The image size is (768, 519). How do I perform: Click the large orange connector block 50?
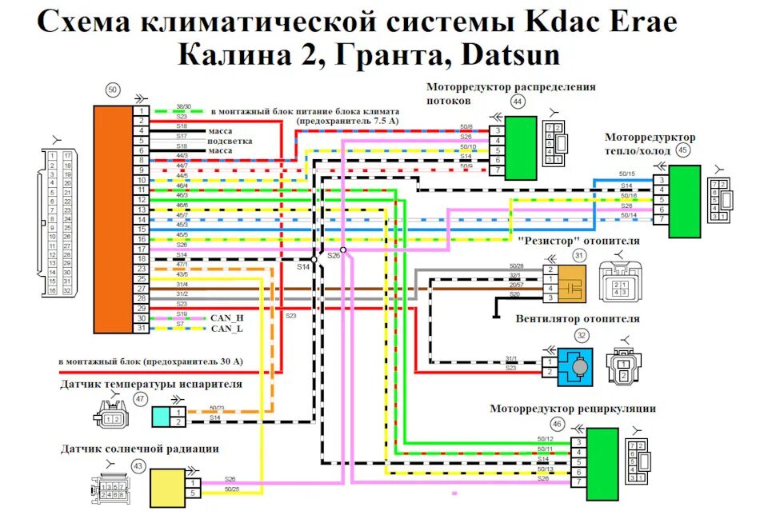(x=111, y=218)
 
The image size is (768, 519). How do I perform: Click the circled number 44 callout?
(x=518, y=102)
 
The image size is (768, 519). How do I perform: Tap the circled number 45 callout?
(x=682, y=150)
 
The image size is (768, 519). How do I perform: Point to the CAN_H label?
(x=227, y=318)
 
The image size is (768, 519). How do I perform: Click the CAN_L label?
(x=226, y=329)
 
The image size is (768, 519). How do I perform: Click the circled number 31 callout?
(x=579, y=255)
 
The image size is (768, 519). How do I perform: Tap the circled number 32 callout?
(x=582, y=335)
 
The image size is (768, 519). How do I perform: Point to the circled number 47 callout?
(x=141, y=398)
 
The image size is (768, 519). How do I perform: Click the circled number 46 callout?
(x=557, y=425)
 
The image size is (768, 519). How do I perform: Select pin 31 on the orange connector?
(x=141, y=328)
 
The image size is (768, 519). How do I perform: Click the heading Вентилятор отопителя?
(x=578, y=318)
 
